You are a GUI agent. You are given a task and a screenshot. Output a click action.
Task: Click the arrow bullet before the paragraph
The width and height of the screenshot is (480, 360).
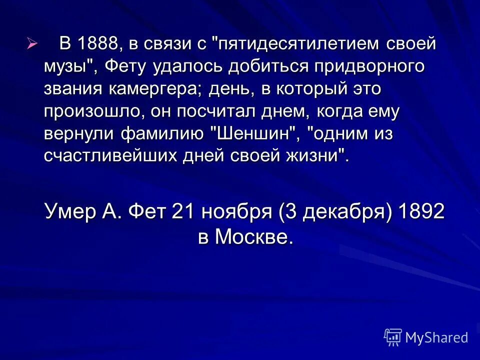click(32, 44)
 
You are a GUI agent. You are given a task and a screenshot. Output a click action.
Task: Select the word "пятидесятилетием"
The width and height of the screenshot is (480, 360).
click(296, 44)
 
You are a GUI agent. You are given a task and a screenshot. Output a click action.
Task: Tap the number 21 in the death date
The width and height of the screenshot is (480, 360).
click(183, 211)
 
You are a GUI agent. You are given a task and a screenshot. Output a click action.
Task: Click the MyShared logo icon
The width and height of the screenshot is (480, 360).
click(393, 337)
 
